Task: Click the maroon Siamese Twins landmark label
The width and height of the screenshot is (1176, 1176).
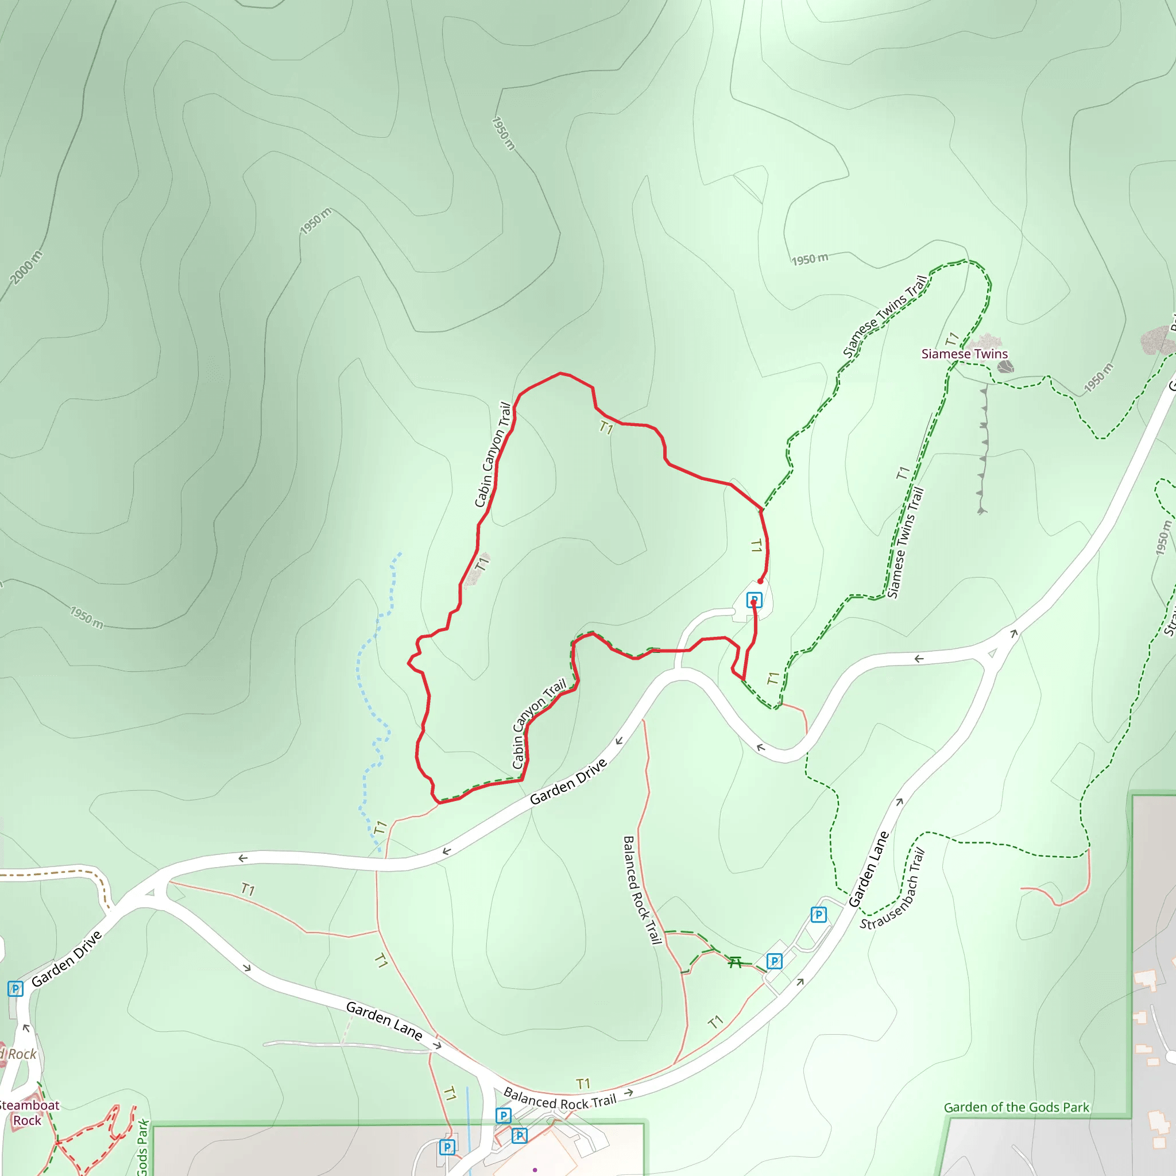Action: coord(964,354)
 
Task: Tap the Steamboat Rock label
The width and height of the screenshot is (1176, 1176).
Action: coord(28,1113)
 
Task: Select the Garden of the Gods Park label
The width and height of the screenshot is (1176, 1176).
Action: coord(1016,1107)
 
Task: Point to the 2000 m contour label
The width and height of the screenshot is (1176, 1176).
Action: coord(27,267)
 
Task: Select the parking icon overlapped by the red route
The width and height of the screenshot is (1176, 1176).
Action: coord(754,599)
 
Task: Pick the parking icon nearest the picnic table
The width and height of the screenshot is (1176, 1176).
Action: coord(774,961)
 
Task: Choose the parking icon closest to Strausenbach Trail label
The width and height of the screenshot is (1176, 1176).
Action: coord(819,914)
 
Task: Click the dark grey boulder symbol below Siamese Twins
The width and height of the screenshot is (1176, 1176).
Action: coord(1005,366)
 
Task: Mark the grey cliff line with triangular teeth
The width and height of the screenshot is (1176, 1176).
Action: coord(982,450)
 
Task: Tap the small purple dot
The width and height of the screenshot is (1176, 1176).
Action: coord(535,1170)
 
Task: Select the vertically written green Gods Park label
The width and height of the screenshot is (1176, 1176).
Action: coord(142,1147)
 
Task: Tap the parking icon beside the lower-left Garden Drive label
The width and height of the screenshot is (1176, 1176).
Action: coord(16,989)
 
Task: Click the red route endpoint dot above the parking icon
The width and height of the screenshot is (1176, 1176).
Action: coord(760,581)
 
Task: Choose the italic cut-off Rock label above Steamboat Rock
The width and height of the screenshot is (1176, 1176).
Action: coord(20,1054)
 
